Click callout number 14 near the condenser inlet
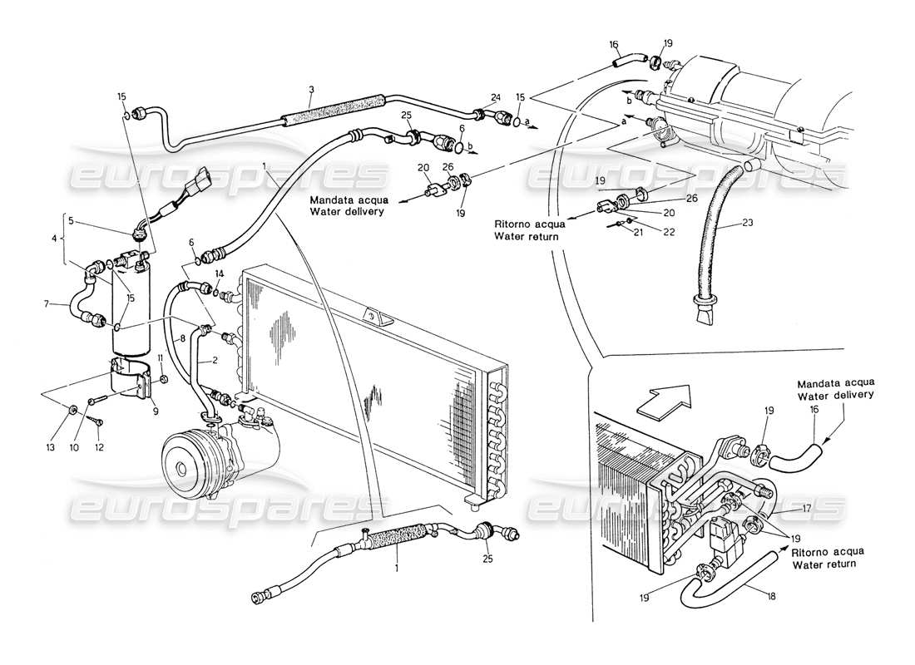click(x=219, y=273)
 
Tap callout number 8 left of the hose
click(x=183, y=340)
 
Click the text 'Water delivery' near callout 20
click(x=346, y=212)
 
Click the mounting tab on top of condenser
click(x=370, y=317)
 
